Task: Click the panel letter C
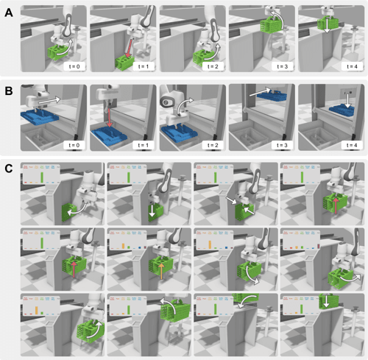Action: point(8,169)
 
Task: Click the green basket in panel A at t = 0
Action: point(57,53)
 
